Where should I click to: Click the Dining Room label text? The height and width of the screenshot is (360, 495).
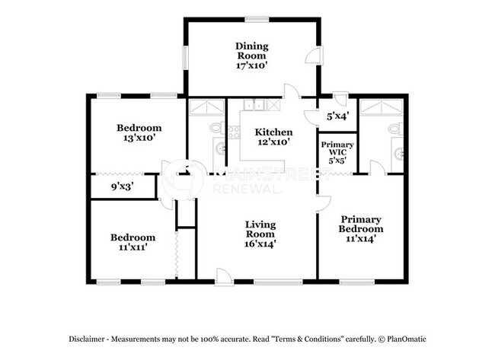tap(252, 56)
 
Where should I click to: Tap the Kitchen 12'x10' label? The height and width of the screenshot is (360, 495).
tap(273, 137)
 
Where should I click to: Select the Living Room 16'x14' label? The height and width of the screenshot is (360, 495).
tap(260, 234)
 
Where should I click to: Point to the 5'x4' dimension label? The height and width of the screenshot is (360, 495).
tap(337, 116)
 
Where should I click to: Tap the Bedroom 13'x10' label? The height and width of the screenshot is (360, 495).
tap(139, 132)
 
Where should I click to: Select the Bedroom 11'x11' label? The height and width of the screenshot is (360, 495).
tap(133, 241)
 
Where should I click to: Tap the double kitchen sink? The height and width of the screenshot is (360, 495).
tap(256, 106)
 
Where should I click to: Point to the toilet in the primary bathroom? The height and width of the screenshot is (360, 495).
tap(394, 129)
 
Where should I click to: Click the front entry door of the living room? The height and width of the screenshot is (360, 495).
tap(224, 277)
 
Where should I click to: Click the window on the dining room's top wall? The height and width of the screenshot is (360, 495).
tap(257, 18)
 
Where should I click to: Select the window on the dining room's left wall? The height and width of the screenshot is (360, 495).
tap(186, 59)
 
